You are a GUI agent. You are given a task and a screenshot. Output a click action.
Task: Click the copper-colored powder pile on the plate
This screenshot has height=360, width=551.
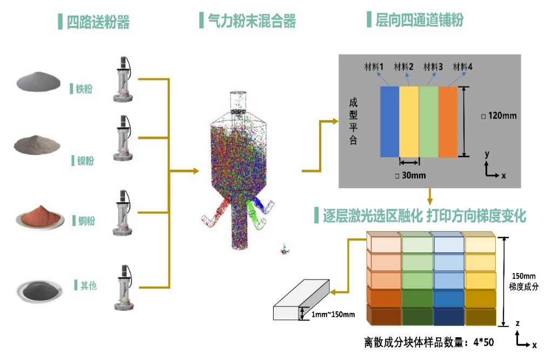point(39,214)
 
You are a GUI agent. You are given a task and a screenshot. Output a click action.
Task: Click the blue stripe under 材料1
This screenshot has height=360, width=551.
point(389,122)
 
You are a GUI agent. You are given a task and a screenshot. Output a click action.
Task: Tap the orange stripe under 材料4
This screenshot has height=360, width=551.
point(448,122)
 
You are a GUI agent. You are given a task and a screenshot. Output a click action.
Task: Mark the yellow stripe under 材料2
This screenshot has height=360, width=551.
point(409,122)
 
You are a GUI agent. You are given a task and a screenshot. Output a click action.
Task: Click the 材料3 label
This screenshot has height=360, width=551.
point(434,67)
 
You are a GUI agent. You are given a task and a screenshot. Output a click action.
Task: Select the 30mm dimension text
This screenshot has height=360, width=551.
point(410,175)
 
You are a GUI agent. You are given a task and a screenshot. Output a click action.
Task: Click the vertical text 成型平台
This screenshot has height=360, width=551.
point(354,122)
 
